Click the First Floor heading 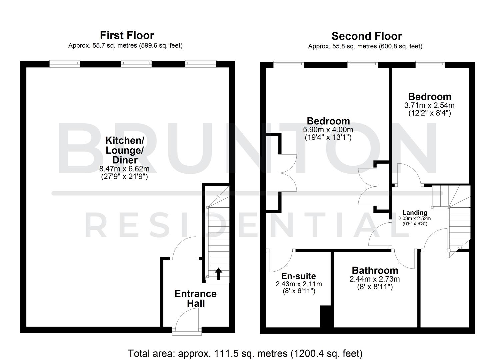pos(127,35)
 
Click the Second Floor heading pos(367,36)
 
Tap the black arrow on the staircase pos(218,273)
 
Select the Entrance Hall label pos(195,299)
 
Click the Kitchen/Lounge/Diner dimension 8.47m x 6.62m pos(124,169)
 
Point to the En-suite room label pos(298,276)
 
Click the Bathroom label pos(375,270)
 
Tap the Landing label pos(415,213)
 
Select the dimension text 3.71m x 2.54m pos(429,105)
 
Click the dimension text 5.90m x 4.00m pos(328,129)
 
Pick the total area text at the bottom pos(245,353)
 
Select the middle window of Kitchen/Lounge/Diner pos(136,64)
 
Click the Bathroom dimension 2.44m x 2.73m pos(375,279)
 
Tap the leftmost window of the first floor pos(65,64)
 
